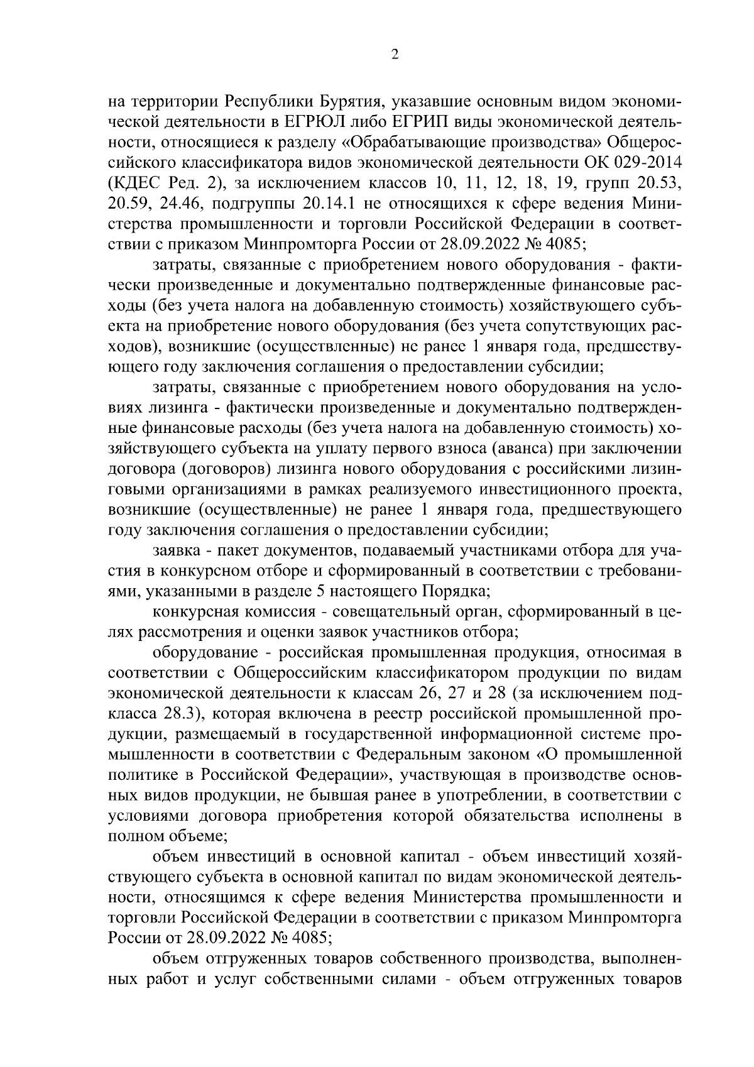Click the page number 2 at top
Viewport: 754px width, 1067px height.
395,55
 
